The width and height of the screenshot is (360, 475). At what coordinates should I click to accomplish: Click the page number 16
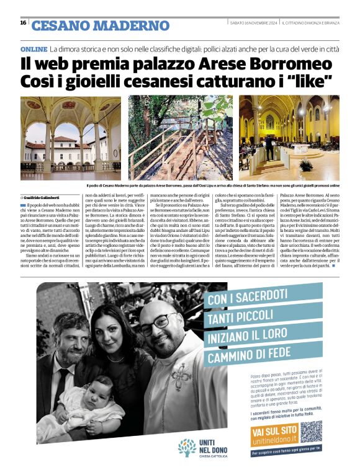coord(23,23)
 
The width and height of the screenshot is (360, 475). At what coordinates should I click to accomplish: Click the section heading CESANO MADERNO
coord(100,25)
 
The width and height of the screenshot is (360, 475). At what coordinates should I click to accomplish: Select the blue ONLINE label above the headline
coord(34,48)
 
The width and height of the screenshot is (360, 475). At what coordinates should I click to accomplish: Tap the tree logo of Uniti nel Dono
coord(186,446)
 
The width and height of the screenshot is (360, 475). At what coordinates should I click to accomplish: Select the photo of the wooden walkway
coord(180,137)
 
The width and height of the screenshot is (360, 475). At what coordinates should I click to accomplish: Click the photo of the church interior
coord(289,137)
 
